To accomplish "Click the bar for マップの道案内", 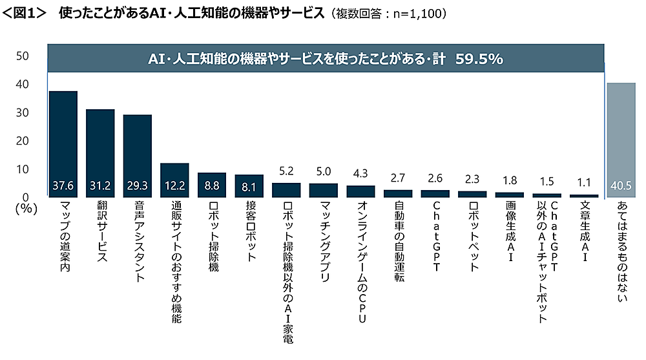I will pos(63,143).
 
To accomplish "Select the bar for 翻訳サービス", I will pos(100,153).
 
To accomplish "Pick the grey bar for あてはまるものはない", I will pos(621,140).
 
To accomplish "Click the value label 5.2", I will pos(286,173).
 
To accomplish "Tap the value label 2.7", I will pos(398,178).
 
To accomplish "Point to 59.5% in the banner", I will pos(479,59).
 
